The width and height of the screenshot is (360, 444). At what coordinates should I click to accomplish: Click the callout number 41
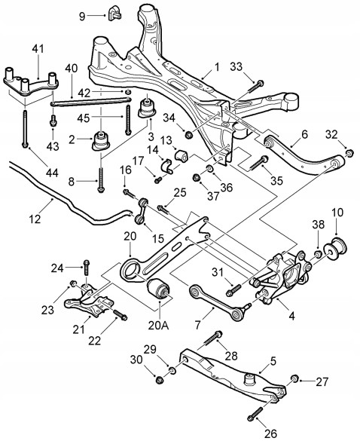tap(38, 49)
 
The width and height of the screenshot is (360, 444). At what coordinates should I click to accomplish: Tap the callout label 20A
tap(158, 326)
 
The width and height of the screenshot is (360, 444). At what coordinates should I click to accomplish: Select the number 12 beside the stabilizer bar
tap(35, 219)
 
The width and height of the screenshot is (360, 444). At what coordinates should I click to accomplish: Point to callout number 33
tap(236, 66)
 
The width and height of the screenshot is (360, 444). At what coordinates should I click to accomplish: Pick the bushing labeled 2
tap(101, 140)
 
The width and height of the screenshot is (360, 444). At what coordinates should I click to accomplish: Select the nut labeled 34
tap(188, 134)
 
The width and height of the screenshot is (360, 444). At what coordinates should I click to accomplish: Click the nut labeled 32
tap(350, 153)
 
